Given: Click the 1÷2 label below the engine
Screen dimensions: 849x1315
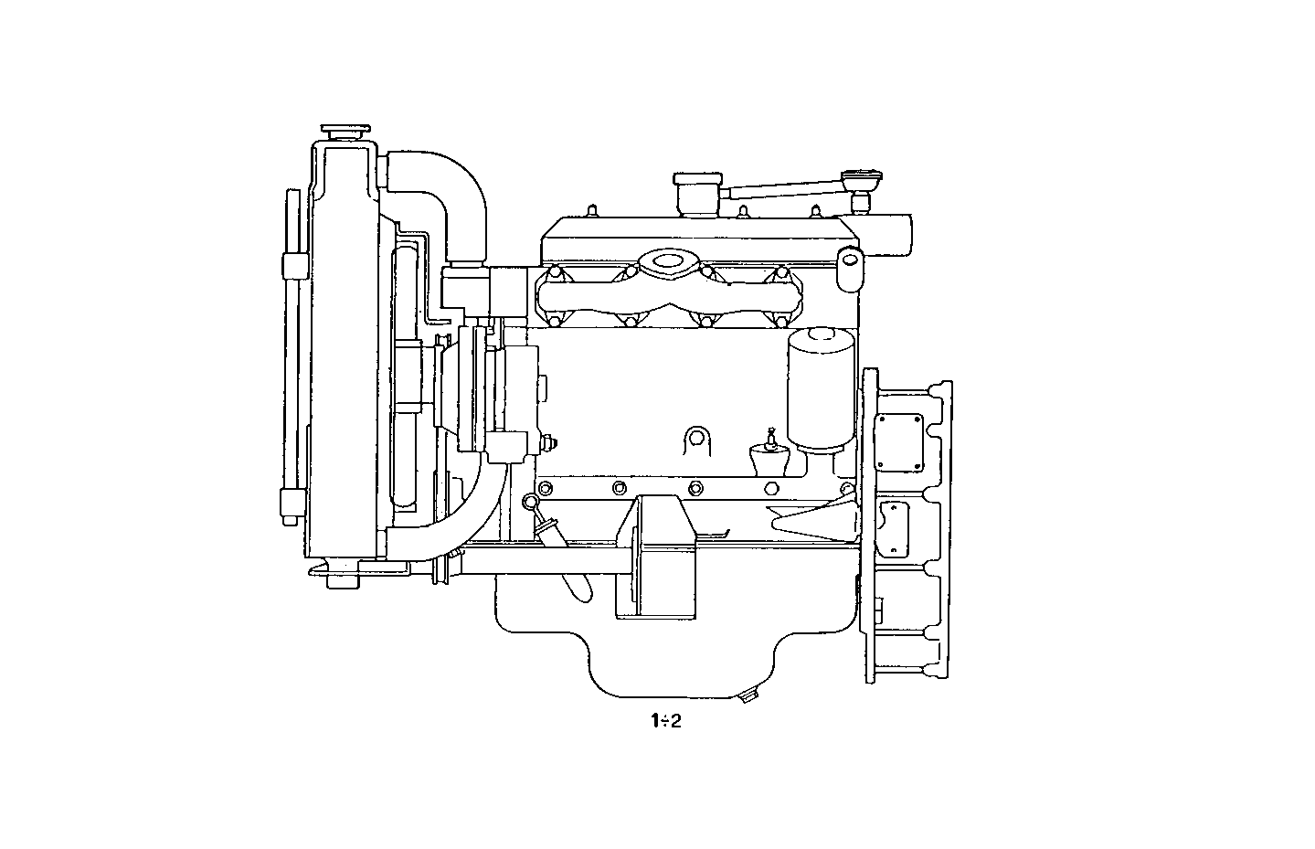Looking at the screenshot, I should click(x=666, y=721).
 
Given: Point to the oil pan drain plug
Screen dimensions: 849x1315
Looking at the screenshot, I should click(x=748, y=697).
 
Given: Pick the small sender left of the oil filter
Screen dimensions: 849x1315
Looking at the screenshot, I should click(x=769, y=453).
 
